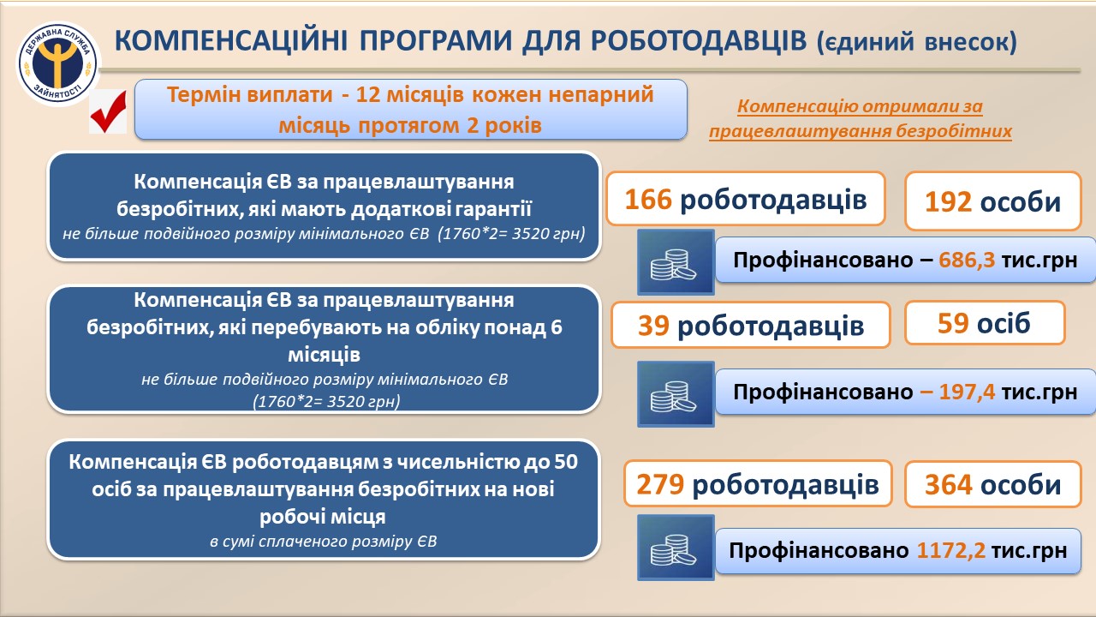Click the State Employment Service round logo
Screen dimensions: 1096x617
[x=58, y=63]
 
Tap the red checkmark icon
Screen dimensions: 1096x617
[x=109, y=111]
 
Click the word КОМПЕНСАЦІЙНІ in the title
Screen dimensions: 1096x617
[x=231, y=40]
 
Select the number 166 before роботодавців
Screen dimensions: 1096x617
[x=648, y=200]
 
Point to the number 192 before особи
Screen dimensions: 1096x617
[x=948, y=201]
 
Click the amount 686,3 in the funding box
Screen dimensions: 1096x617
[x=967, y=260]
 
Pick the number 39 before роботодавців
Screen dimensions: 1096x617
[x=653, y=325]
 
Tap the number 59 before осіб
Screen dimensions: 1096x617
[x=953, y=323]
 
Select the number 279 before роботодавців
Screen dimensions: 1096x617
[x=660, y=484]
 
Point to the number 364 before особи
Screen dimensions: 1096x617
[x=948, y=485]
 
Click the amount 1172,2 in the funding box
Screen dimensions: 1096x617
[x=951, y=550]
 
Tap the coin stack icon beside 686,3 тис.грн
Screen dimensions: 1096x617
[x=676, y=262]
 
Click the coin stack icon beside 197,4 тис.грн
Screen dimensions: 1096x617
[x=676, y=394]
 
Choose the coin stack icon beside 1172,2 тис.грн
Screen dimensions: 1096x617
[x=676, y=548]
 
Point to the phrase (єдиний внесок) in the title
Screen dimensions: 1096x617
[x=916, y=42]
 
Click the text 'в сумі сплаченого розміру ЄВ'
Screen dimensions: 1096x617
[x=324, y=542]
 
